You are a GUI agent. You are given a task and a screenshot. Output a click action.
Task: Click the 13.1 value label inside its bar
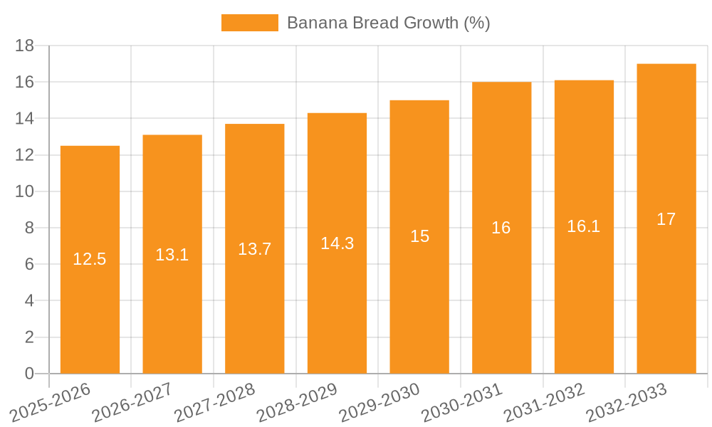pyautogui.click(x=172, y=255)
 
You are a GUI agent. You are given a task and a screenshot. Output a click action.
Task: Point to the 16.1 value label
pyautogui.click(x=584, y=226)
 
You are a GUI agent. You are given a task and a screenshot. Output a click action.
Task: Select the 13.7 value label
pyautogui.click(x=254, y=249)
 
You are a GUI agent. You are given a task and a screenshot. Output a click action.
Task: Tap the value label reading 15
pyautogui.click(x=420, y=236)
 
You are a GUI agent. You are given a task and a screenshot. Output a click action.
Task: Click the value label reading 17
pyautogui.click(x=666, y=219)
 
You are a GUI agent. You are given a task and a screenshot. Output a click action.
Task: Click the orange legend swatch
pyautogui.click(x=250, y=23)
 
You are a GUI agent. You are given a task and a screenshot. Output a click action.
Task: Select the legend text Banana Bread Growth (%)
pyautogui.click(x=388, y=23)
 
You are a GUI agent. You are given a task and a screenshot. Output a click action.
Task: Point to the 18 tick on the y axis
pyautogui.click(x=25, y=46)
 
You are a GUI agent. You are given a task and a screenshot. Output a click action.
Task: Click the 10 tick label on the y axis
pyautogui.click(x=25, y=191)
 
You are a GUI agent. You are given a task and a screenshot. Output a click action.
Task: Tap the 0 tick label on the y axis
pyautogui.click(x=29, y=374)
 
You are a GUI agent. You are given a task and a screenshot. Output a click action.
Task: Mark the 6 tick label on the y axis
pyautogui.click(x=29, y=264)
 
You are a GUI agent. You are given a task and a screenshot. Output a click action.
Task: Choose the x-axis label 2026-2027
pyautogui.click(x=132, y=402)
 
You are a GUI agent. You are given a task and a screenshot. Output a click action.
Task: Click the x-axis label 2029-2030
pyautogui.click(x=379, y=402)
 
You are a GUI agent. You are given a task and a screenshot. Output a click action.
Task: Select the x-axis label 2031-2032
pyautogui.click(x=545, y=402)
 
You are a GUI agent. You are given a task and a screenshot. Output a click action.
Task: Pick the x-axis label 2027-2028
pyautogui.click(x=215, y=402)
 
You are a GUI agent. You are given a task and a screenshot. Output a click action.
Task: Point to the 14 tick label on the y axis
pyautogui.click(x=25, y=118)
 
